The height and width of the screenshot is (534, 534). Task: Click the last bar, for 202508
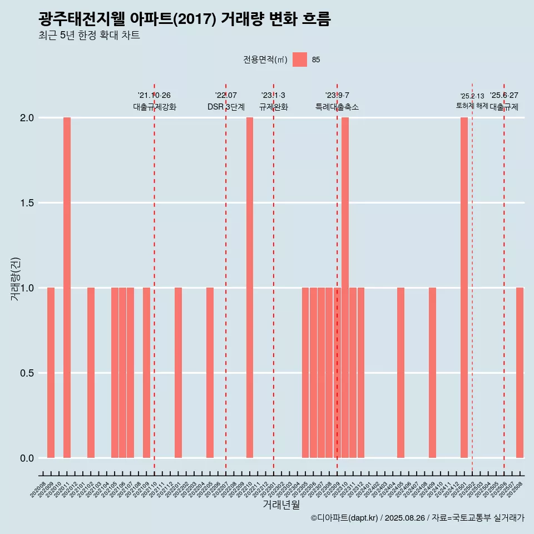coord(520,373)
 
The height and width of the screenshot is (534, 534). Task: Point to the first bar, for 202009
coord(51,373)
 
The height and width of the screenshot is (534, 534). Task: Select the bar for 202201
coord(178,373)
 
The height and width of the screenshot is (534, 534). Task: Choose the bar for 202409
coord(432,373)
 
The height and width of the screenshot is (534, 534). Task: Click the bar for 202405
coord(400,373)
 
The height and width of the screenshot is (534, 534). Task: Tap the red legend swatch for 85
coord(300,60)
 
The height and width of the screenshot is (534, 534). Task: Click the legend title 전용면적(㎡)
coord(265,60)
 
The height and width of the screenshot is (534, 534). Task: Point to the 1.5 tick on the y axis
coord(27,203)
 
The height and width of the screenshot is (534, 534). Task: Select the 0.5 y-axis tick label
coord(27,373)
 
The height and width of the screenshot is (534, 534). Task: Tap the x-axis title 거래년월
coord(281,505)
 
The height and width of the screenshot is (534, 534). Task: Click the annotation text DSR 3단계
coord(226,107)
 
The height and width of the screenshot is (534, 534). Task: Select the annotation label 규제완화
coord(274,107)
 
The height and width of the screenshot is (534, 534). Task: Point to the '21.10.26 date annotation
coord(154,96)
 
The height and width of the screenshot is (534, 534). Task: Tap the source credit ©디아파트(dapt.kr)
coord(344,518)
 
